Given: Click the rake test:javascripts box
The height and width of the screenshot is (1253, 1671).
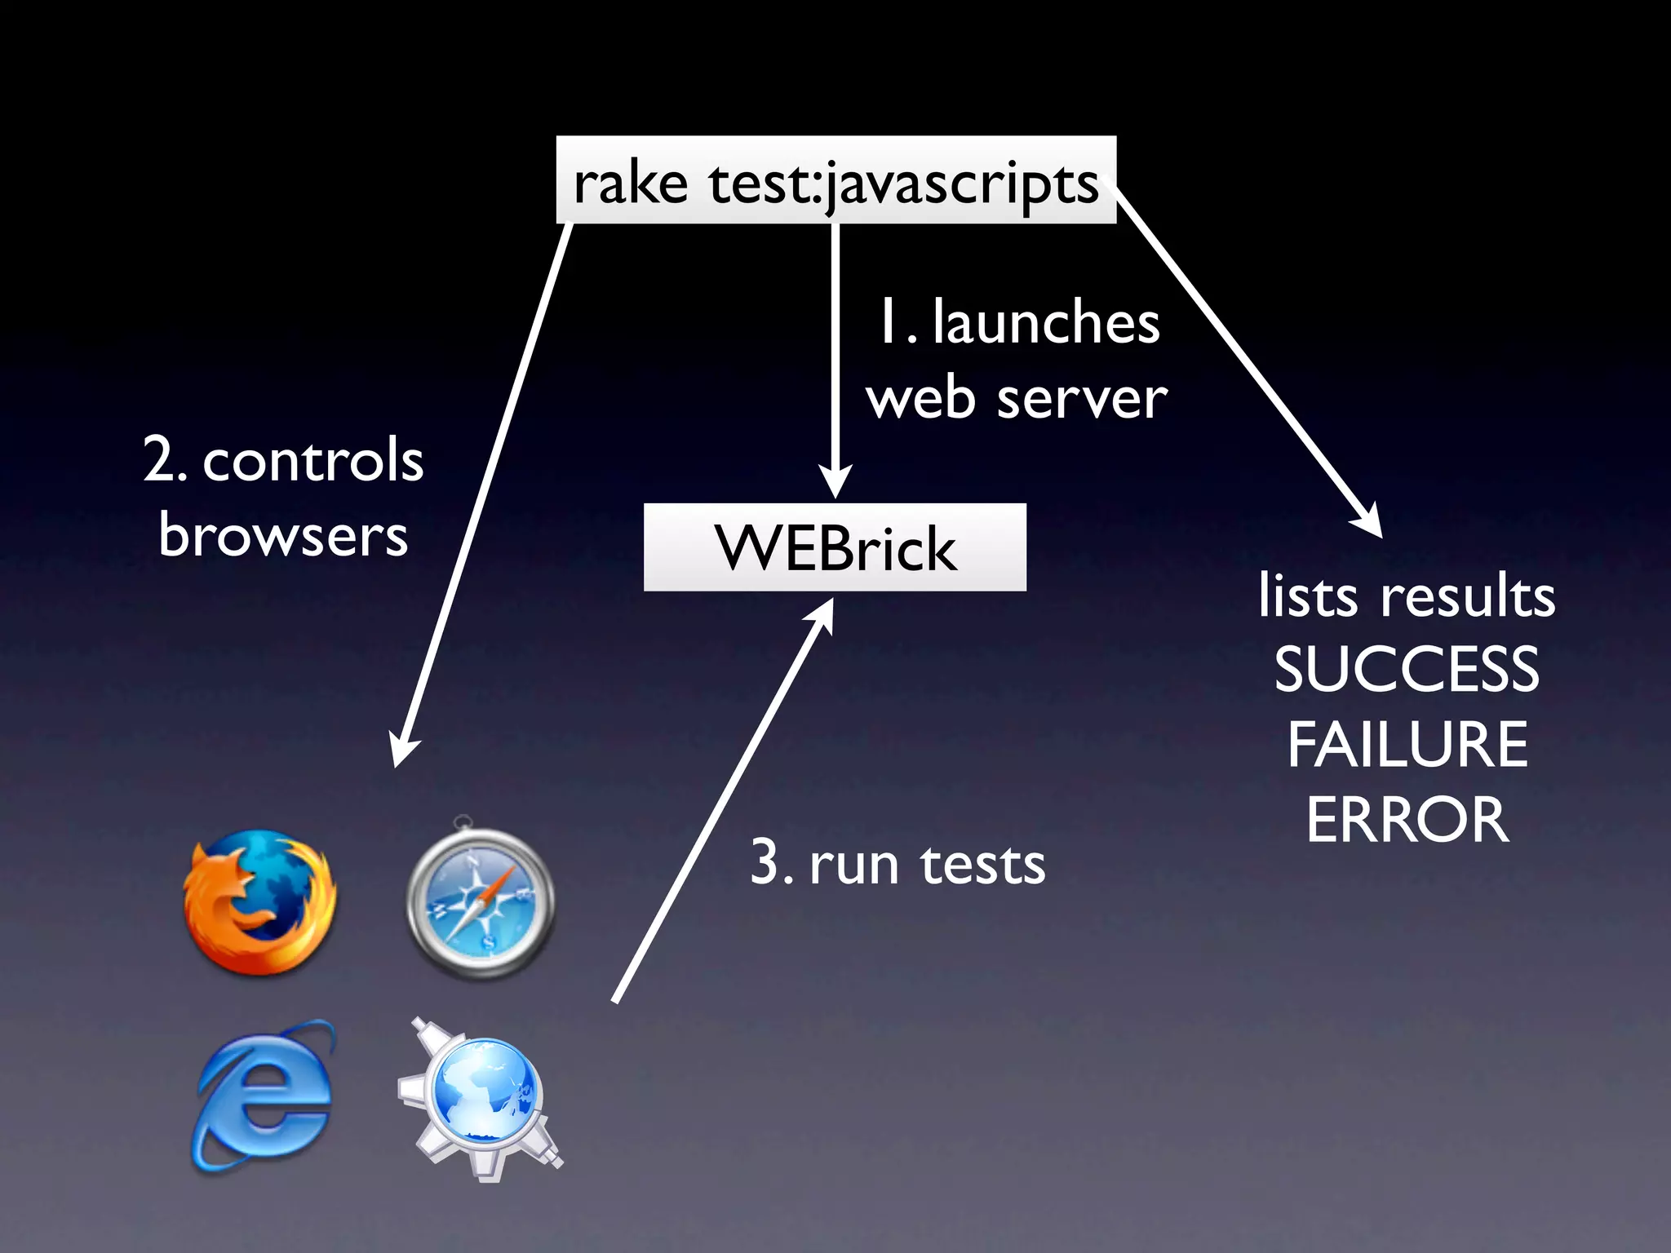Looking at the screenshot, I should click(x=835, y=180).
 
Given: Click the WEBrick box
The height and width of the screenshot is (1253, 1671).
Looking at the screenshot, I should click(x=835, y=547).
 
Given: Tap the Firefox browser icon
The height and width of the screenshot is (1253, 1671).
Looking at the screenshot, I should click(x=259, y=902).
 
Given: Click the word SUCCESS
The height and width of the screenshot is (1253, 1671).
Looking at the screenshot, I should click(x=1407, y=670).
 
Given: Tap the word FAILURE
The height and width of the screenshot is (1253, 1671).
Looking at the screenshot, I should click(x=1407, y=744).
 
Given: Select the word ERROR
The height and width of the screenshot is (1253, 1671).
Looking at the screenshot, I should click(x=1407, y=819).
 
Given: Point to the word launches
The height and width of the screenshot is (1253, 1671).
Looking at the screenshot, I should click(x=1045, y=323).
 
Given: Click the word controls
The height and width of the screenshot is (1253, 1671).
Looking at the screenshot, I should click(x=312, y=460).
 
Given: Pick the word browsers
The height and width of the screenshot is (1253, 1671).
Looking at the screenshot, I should click(x=283, y=536).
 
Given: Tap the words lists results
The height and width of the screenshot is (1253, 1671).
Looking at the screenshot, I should click(x=1407, y=596).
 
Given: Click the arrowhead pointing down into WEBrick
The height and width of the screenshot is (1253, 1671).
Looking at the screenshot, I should click(x=835, y=481).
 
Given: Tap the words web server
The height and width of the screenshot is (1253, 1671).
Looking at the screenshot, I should click(x=1017, y=399).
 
